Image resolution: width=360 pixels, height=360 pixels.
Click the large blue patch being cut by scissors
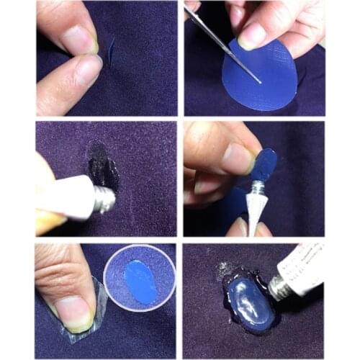[x=266, y=79]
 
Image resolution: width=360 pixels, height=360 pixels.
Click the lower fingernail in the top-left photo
[x=88, y=71]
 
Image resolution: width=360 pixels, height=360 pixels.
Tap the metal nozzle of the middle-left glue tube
[x=104, y=199]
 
